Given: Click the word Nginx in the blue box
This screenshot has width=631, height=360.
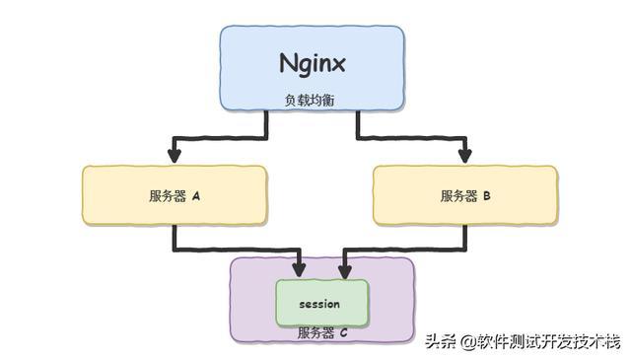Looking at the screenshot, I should (x=313, y=65).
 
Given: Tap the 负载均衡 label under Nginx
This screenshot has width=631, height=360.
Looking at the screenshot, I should (x=312, y=99).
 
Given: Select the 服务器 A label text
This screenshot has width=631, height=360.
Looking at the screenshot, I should (x=175, y=195).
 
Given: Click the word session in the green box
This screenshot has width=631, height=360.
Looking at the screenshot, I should (x=319, y=304).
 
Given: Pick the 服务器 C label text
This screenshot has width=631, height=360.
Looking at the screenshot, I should (x=322, y=333).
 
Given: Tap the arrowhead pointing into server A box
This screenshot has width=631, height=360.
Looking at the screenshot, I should (x=175, y=156).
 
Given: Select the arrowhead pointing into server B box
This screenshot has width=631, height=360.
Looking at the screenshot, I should (x=465, y=155).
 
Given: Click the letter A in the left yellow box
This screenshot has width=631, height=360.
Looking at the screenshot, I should (x=196, y=195).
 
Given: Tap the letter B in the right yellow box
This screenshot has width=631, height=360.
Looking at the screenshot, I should (x=487, y=195).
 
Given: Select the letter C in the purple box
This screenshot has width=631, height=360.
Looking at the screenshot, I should (x=343, y=333).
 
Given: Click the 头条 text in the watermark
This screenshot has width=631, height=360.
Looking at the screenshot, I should (x=437, y=342).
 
